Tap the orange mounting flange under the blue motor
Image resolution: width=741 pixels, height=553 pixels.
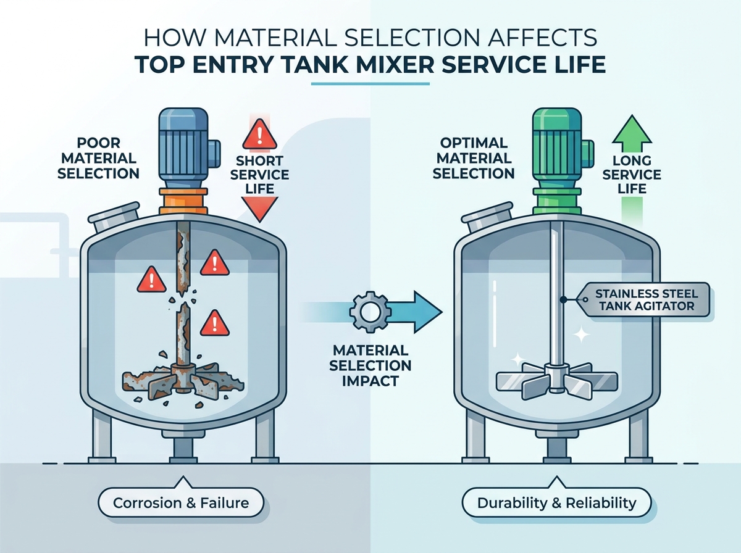[183, 201]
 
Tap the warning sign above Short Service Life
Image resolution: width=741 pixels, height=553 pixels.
[259, 134]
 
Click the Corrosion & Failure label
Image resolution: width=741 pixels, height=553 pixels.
[181, 503]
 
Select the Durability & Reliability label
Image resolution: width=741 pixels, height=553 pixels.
[556, 503]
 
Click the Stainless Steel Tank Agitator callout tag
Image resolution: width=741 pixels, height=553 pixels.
[643, 299]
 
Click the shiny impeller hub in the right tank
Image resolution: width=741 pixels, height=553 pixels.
[557, 377]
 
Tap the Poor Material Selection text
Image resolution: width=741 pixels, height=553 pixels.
[98, 158]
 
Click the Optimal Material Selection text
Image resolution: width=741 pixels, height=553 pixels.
[474, 158]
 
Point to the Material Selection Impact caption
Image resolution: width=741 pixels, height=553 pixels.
[371, 366]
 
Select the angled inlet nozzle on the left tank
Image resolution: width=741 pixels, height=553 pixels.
[114, 216]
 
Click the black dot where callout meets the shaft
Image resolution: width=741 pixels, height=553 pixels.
[563, 299]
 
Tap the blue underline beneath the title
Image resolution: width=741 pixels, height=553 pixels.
[371, 84]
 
